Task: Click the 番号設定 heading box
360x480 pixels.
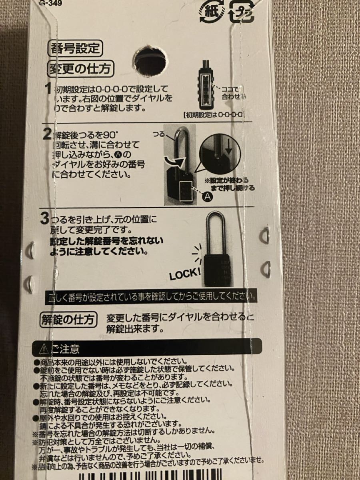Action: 75,49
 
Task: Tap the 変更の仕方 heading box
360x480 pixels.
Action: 80,69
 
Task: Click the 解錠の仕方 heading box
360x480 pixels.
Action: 69,320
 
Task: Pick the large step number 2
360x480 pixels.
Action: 47,133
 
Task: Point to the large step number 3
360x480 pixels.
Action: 44,219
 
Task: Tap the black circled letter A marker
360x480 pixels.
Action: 208,196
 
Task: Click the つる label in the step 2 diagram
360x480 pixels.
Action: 159,135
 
